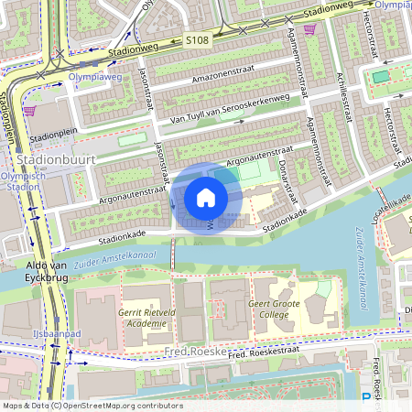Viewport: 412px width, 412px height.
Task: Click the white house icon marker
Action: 206,198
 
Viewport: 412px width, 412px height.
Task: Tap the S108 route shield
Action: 197,41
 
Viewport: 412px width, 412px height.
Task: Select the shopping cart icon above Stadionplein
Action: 30,110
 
